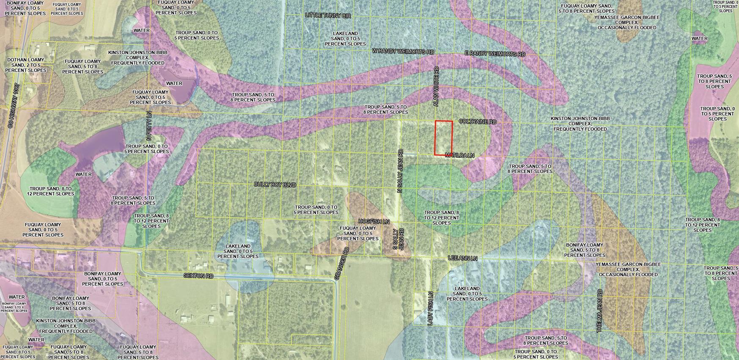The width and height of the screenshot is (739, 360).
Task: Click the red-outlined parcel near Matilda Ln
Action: pyautogui.click(x=444, y=138)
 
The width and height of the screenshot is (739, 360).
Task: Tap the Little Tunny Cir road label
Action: pyautogui.click(x=328, y=15)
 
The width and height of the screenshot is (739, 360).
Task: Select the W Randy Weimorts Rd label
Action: pyautogui.click(x=403, y=51)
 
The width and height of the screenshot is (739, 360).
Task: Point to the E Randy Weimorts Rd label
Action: pyautogui.click(x=494, y=54)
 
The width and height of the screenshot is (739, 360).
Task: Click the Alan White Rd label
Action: pyautogui.click(x=437, y=86)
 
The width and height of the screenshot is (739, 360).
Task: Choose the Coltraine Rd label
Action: pyautogui.click(x=477, y=122)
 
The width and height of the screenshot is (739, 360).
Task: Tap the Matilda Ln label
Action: pyautogui.click(x=459, y=156)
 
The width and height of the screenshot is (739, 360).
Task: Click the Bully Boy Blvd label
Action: pyautogui.click(x=275, y=185)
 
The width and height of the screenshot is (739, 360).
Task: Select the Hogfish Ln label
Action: pyautogui.click(x=374, y=221)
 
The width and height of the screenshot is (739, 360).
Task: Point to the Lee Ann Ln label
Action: pyautogui.click(x=462, y=258)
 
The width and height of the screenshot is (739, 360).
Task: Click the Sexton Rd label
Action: pyautogui.click(x=198, y=276)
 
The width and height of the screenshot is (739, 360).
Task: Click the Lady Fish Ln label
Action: pyautogui.click(x=430, y=308)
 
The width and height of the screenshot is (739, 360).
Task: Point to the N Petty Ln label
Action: pyautogui.click(x=149, y=126)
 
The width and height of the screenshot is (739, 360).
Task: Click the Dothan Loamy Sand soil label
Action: pyautogui.click(x=25, y=65)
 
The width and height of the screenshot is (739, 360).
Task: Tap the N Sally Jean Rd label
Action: pyautogui.click(x=400, y=171)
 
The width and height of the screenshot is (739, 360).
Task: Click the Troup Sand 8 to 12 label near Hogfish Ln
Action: pyautogui.click(x=442, y=217)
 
